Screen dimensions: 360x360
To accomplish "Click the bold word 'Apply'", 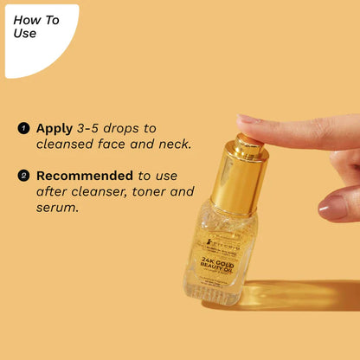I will click(x=55, y=128).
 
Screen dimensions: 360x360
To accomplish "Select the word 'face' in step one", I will click(x=118, y=145).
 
